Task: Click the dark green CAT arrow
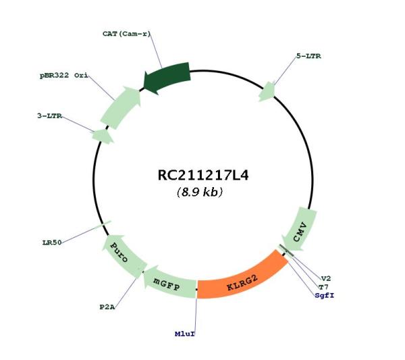click(x=168, y=76)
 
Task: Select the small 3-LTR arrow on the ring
click(x=103, y=136)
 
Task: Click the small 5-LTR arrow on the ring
click(x=267, y=91)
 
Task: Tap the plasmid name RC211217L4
click(x=203, y=175)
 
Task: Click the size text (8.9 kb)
click(x=200, y=192)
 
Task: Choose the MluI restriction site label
click(x=185, y=334)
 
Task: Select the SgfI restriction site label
click(x=325, y=295)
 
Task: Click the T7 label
click(x=323, y=287)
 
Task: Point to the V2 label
click(x=326, y=278)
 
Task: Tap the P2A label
click(x=107, y=307)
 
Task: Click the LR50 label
click(x=52, y=242)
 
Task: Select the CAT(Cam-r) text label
click(x=126, y=34)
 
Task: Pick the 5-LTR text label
click(x=308, y=56)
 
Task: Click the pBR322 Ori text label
click(x=64, y=76)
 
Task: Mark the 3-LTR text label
click(x=49, y=116)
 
